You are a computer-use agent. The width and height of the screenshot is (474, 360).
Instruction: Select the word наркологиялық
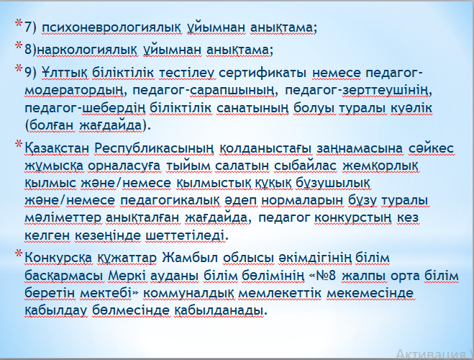click(87, 50)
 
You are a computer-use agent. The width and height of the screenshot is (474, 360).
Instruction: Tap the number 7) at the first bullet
click(30, 27)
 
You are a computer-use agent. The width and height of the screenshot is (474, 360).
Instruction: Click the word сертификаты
click(263, 73)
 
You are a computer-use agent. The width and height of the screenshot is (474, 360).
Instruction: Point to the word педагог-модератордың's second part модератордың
click(75, 91)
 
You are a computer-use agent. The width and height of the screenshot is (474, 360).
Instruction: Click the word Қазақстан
click(57, 148)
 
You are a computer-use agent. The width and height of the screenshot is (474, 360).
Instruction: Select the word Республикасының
click(154, 148)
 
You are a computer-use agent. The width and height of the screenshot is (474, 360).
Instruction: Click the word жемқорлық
click(381, 166)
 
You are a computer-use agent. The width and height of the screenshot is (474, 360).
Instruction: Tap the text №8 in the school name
click(326, 276)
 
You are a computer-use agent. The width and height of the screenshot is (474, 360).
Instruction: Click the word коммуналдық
click(189, 293)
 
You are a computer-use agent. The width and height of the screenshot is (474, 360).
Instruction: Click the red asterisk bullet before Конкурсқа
click(19, 253)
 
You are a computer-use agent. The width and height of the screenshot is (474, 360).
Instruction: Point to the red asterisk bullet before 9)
click(19, 68)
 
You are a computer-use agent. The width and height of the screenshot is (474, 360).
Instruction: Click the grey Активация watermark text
click(432, 354)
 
